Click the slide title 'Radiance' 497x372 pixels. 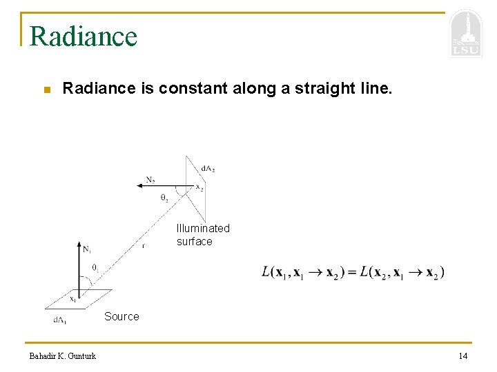click(x=84, y=36)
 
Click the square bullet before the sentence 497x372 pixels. click(x=46, y=90)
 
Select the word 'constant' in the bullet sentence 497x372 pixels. click(x=189, y=89)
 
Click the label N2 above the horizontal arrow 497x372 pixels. click(x=150, y=180)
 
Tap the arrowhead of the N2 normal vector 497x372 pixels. click(x=141, y=186)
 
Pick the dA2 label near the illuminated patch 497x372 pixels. click(x=207, y=169)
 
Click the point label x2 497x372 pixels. click(x=199, y=187)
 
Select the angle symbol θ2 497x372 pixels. click(x=164, y=198)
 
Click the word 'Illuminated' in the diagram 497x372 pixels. click(x=203, y=228)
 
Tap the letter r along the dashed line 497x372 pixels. click(x=143, y=245)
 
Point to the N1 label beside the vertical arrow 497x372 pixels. click(x=88, y=249)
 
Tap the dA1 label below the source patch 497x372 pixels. click(x=60, y=320)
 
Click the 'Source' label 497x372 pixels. click(x=121, y=316)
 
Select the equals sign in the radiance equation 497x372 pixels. click(x=352, y=272)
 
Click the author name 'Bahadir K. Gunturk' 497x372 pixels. click(x=63, y=355)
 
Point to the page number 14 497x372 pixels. click(x=462, y=355)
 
